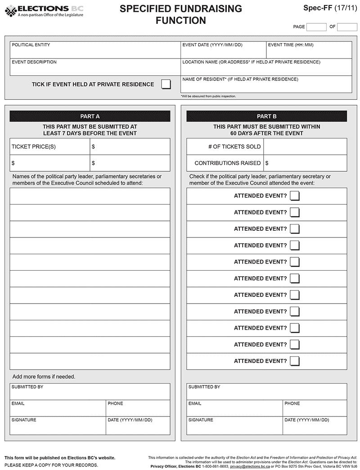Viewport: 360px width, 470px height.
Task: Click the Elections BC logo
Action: (x=44, y=11)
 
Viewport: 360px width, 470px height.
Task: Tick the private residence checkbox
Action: (x=166, y=84)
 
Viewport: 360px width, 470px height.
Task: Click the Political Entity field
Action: (x=95, y=52)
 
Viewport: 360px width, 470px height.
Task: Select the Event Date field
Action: (x=223, y=52)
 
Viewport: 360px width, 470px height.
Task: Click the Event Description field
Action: (x=95, y=69)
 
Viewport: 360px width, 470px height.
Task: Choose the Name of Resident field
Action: (x=266, y=86)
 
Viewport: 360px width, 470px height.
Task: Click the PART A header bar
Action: (x=90, y=116)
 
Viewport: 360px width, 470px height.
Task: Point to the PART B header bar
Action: (x=267, y=116)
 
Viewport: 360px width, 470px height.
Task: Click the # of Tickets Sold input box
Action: (x=305, y=147)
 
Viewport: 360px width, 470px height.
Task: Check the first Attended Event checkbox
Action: (x=295, y=196)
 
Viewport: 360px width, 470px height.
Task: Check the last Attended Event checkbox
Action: (x=295, y=361)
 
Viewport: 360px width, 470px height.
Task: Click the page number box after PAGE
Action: (x=316, y=27)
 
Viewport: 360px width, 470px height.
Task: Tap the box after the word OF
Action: (x=347, y=27)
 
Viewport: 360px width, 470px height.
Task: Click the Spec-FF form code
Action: (x=329, y=8)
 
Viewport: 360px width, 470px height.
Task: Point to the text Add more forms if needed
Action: (x=44, y=376)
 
